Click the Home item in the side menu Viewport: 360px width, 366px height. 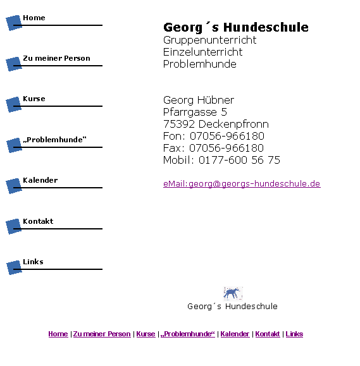pyautogui.click(x=34, y=18)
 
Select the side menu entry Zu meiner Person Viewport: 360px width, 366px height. pyautogui.click(x=56, y=58)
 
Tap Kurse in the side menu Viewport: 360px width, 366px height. pyautogui.click(x=34, y=99)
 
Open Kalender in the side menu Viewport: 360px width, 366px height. pyautogui.click(x=40, y=180)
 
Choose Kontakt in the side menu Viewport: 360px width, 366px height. pyautogui.click(x=38, y=221)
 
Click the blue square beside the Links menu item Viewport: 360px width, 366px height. pyautogui.click(x=14, y=267)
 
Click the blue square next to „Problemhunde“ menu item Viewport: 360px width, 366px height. pyautogui.click(x=14, y=145)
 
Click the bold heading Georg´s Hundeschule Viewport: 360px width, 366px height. pyautogui.click(x=236, y=27)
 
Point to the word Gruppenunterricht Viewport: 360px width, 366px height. pyautogui.click(x=209, y=40)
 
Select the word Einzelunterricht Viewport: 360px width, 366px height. pyautogui.click(x=203, y=52)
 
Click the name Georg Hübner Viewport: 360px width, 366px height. pyautogui.click(x=199, y=100)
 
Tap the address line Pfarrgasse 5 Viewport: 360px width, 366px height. pyautogui.click(x=195, y=112)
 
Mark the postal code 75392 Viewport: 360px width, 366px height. pyautogui.click(x=179, y=124)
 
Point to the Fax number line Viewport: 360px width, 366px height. pyautogui.click(x=213, y=148)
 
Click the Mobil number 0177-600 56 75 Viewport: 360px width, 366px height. pyautogui.click(x=239, y=160)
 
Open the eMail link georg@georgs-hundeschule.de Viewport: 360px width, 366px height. pyautogui.click(x=242, y=184)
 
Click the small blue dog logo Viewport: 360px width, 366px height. pyautogui.click(x=233, y=293)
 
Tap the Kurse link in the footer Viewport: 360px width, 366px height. pyautogui.click(x=146, y=334)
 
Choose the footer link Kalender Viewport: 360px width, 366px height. pyautogui.click(x=235, y=334)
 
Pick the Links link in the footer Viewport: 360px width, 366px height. pyautogui.click(x=294, y=334)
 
